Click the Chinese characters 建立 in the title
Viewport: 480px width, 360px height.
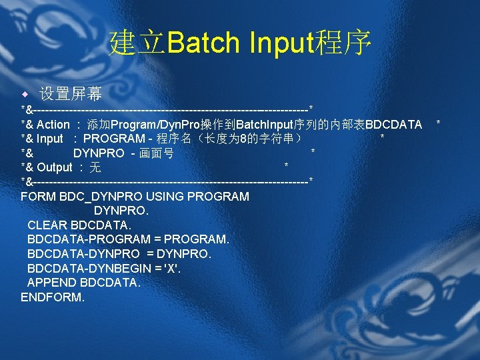tap(137, 43)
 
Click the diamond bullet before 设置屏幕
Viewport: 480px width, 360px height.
tap(25, 93)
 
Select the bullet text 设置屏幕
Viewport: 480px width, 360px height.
tap(70, 93)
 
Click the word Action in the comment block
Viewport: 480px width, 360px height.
tap(53, 125)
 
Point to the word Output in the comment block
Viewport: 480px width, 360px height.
tap(54, 167)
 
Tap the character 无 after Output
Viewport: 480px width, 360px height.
tap(95, 167)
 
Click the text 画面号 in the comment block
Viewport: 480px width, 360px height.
tap(159, 153)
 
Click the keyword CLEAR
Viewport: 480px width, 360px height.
tap(47, 225)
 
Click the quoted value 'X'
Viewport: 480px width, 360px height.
tap(172, 268)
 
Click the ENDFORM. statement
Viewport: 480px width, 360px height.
tap(53, 297)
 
